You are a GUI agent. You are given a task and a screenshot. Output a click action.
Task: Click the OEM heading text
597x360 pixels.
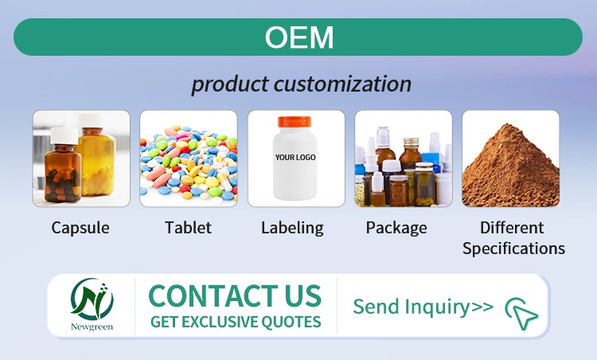(298, 37)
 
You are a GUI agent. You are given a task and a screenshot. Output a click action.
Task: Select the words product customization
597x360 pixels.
(301, 84)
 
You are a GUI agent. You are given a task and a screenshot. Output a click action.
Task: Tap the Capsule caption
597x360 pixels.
(80, 228)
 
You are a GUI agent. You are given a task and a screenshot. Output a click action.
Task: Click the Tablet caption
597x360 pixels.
(188, 228)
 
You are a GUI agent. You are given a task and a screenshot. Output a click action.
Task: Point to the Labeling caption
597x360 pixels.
(292, 228)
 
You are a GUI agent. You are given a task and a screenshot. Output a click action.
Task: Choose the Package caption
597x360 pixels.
(396, 228)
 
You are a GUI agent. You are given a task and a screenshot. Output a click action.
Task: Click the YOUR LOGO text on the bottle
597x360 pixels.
(295, 158)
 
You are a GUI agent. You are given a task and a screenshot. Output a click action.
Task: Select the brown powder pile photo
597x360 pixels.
(510, 159)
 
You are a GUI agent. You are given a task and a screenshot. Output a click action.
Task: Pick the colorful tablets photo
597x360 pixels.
(188, 159)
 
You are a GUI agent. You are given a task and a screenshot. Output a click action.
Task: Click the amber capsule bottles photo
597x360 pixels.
(80, 159)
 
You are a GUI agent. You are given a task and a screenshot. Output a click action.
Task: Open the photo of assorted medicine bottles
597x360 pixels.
(403, 159)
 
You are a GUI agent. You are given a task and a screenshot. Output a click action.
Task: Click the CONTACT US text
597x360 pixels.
(235, 295)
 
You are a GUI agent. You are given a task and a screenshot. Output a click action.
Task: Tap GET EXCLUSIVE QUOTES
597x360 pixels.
(236, 322)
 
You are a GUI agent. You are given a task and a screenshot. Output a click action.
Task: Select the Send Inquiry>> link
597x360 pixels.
(423, 307)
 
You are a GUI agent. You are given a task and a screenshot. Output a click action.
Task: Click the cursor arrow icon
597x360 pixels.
(521, 314)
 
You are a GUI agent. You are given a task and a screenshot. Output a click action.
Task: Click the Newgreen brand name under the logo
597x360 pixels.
(92, 327)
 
